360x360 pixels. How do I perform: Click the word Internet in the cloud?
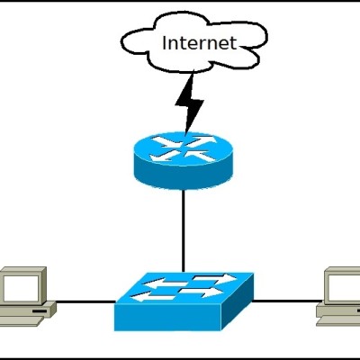coord(199,43)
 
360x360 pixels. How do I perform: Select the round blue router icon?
coord(184,160)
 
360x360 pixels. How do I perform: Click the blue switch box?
coord(184,301)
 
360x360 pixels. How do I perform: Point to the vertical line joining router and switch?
coord(184,231)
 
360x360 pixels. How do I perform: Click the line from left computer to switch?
coord(85,301)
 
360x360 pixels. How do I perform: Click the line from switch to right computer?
coord(287,300)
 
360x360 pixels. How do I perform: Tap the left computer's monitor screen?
coord(21,288)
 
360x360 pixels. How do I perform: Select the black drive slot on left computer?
coord(40,311)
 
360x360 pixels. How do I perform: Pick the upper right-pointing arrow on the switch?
coord(214,278)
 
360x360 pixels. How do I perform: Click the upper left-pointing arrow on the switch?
coord(165,282)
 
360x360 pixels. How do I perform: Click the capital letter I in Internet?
coord(165,43)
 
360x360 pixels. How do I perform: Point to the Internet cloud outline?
coord(122,42)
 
